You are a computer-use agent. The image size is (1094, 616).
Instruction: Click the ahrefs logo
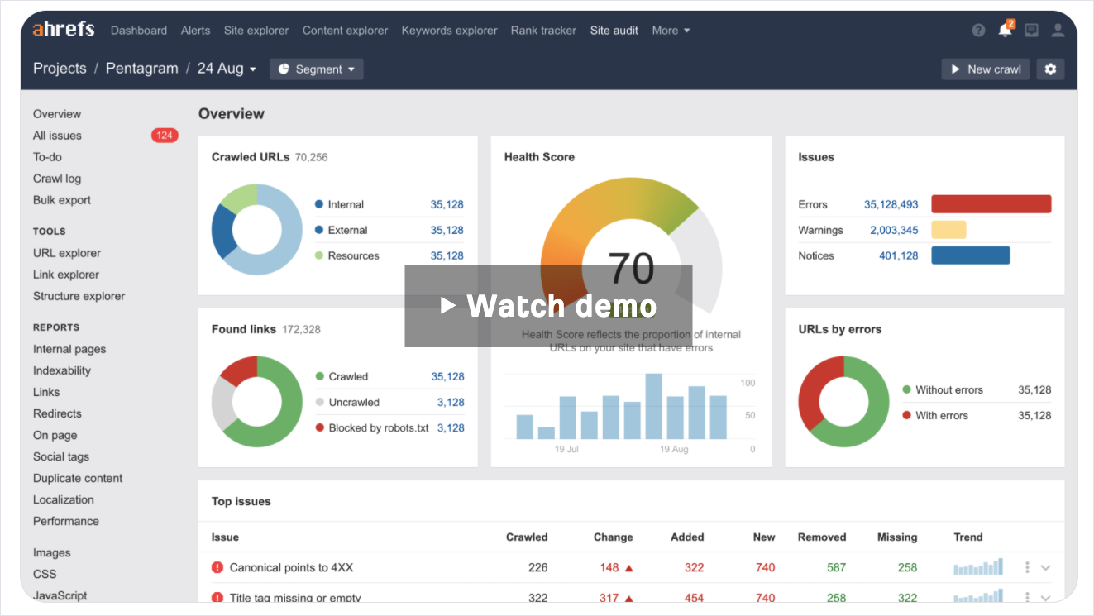(64, 30)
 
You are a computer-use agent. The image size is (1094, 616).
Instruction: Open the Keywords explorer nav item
(449, 31)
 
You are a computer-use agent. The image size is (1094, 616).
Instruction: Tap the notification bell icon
(1005, 31)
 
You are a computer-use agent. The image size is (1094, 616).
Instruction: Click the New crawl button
(985, 69)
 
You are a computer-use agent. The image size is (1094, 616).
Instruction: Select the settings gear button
(1050, 69)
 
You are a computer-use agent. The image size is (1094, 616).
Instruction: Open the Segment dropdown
(316, 69)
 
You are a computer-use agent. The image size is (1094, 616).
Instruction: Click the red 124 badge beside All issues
(164, 136)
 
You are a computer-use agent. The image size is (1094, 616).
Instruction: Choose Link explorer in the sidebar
(66, 275)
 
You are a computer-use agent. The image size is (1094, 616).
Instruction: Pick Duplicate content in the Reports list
(78, 478)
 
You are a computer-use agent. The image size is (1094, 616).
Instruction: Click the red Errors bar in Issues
(991, 204)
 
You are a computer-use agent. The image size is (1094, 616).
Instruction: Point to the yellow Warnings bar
(948, 230)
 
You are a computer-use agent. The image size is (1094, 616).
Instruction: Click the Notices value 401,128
(898, 255)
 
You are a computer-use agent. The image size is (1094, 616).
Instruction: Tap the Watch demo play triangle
(447, 306)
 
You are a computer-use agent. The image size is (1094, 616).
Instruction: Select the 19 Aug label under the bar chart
(674, 449)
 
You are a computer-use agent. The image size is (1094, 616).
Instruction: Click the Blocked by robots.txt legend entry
(378, 427)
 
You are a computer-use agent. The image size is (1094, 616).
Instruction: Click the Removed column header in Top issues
(821, 537)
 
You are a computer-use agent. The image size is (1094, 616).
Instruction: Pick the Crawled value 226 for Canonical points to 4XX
(537, 567)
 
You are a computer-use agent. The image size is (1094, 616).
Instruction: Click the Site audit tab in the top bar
(614, 31)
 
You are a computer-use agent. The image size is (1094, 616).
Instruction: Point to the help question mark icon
(978, 31)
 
